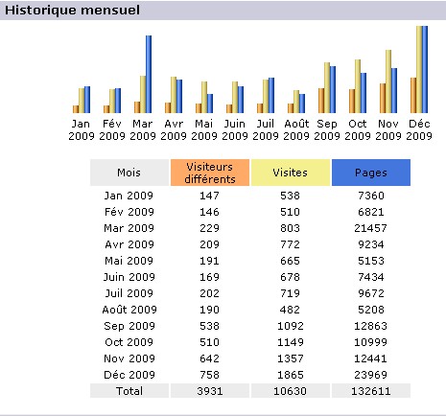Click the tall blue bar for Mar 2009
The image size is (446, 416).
(x=149, y=74)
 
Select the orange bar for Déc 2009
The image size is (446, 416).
(x=413, y=95)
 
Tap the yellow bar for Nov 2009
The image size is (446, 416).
(x=388, y=81)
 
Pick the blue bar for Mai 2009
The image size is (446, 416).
(x=210, y=104)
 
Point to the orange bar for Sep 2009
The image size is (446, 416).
(x=321, y=101)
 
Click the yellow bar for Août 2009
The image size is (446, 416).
(x=296, y=102)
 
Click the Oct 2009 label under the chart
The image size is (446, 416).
(x=358, y=129)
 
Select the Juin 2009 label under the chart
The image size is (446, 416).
(x=235, y=129)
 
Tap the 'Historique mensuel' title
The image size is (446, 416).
(x=72, y=11)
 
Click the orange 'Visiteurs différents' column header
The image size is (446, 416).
(x=210, y=173)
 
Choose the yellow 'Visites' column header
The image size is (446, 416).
(x=291, y=173)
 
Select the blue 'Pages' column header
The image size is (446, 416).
(x=371, y=173)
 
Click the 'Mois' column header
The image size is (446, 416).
(x=129, y=173)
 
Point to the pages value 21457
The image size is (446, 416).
(x=371, y=228)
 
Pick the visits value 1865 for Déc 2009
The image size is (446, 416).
(x=291, y=375)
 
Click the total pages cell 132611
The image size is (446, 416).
(x=371, y=391)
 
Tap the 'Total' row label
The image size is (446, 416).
(x=129, y=391)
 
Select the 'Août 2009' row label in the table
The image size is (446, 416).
(x=129, y=310)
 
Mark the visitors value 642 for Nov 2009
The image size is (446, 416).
(x=210, y=358)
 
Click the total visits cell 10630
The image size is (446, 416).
(x=291, y=391)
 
